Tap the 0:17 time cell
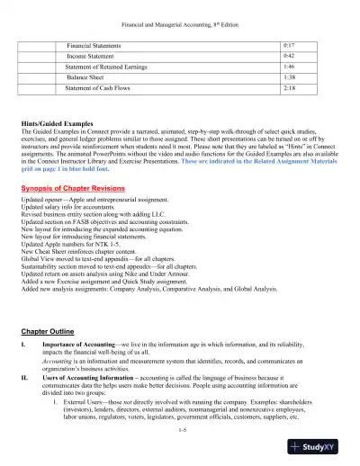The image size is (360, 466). (x=289, y=44)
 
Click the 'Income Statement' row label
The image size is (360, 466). (x=96, y=56)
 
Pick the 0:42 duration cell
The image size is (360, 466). (x=289, y=56)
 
